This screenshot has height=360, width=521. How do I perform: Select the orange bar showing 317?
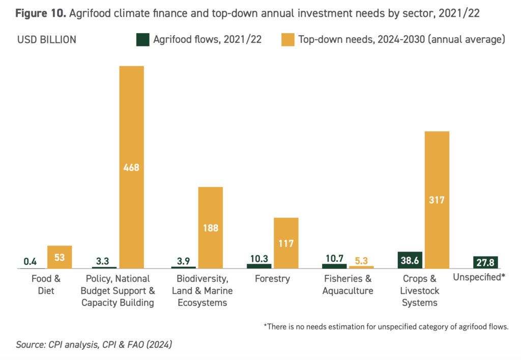click(x=437, y=200)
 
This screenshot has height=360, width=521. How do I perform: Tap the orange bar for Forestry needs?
click(x=286, y=243)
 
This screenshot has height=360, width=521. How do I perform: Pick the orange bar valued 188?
click(x=210, y=227)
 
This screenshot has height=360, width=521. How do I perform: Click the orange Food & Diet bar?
click(x=60, y=257)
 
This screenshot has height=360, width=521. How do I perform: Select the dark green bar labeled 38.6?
click(x=410, y=260)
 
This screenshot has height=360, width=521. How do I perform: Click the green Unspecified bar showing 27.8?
click(x=485, y=262)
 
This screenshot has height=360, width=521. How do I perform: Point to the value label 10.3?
click(x=258, y=258)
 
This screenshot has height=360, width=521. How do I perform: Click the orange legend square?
click(x=287, y=40)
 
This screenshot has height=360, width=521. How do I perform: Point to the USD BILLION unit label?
click(x=47, y=40)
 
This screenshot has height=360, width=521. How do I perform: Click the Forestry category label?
click(x=273, y=279)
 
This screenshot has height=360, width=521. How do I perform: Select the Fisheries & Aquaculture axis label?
click(x=349, y=285)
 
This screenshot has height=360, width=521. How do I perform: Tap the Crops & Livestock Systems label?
click(x=420, y=291)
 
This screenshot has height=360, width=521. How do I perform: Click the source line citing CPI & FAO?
click(x=94, y=345)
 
